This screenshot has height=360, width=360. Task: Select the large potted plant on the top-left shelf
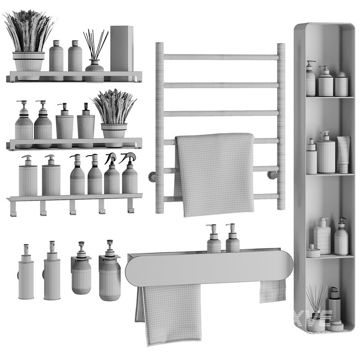28,45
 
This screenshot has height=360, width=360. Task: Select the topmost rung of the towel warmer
220,57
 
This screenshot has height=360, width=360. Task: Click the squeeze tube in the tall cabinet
343,154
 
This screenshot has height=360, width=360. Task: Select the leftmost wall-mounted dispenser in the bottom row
26,274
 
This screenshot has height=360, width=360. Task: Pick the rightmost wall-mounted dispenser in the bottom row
109,272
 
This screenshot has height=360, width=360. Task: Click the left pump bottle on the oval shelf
214,241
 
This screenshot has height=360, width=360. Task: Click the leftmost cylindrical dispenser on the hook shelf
28,178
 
